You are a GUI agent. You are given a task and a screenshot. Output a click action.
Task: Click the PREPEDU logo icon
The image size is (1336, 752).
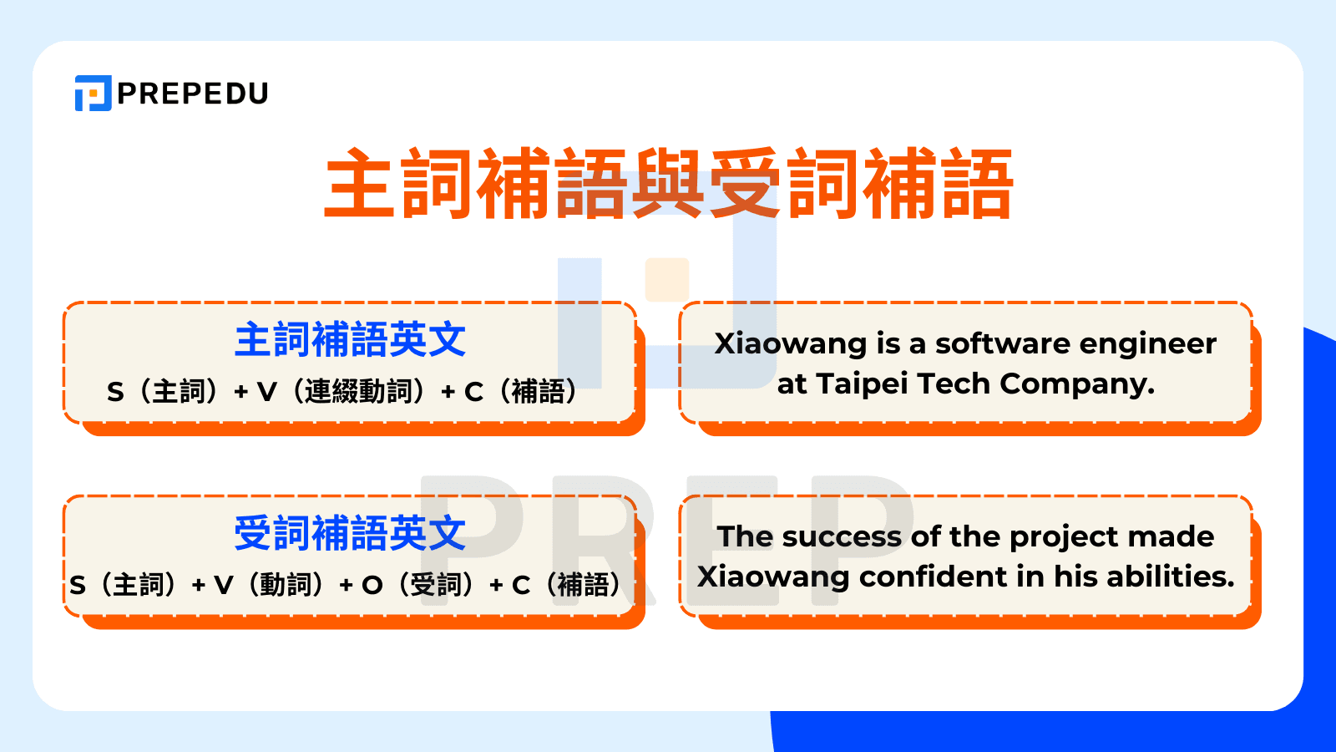point(93,93)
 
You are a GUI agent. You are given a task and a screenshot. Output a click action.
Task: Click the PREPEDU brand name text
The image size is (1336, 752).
point(193,94)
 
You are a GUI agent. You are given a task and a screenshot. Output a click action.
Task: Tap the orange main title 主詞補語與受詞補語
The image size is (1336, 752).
point(669,184)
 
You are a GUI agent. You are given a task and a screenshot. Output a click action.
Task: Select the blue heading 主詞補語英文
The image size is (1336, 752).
point(350,340)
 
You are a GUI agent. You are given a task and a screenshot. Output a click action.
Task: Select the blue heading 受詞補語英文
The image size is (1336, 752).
point(350,533)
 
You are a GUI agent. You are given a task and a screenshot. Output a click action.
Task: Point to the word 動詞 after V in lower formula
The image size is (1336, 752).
point(286,585)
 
